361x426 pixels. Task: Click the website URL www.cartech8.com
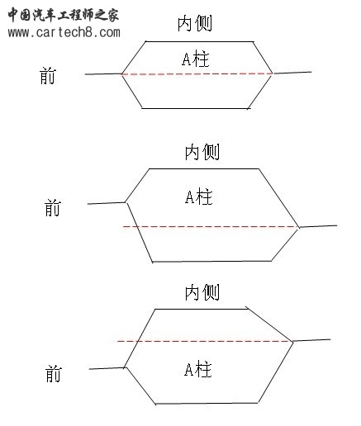64,32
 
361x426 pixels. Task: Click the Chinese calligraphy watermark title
64,15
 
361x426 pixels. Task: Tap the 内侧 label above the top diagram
195,23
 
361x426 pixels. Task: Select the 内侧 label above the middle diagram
202,152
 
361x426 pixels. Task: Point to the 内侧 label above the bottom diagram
202,292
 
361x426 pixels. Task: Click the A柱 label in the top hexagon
196,59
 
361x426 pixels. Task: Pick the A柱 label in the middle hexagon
199,197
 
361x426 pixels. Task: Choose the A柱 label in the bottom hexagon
198,369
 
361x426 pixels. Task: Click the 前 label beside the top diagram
48,76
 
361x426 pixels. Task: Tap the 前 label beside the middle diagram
53,208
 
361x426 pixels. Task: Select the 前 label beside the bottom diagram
53,374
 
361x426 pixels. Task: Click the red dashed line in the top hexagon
197,73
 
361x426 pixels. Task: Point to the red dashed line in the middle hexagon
211,227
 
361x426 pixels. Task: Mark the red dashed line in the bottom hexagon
205,341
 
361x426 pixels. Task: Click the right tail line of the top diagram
292,73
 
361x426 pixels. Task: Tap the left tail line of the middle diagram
107,203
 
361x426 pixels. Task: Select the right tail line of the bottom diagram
311,340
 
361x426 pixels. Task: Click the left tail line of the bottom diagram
107,368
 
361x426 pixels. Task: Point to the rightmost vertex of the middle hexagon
299,227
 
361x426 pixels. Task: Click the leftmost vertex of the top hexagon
121,73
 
